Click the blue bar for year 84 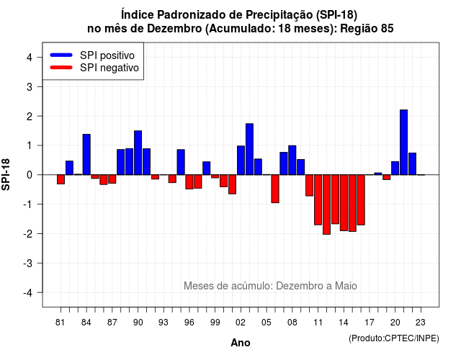pyautogui.click(x=86, y=155)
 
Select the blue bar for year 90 pyautogui.click(x=138, y=153)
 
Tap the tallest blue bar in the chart pyautogui.click(x=403, y=143)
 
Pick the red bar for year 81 pyautogui.click(x=61, y=179)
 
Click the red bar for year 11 pyautogui.click(x=318, y=200)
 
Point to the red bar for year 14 pyautogui.click(x=344, y=203)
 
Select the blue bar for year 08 pyautogui.click(x=292, y=160)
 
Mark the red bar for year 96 pyautogui.click(x=189, y=182)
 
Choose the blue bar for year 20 pyautogui.click(x=395, y=168)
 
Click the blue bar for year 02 pyautogui.click(x=241, y=161)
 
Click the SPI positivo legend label pyautogui.click(x=107, y=55)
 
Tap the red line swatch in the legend pyautogui.click(x=61, y=67)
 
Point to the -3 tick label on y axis pyautogui.click(x=28, y=263)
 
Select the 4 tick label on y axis pyautogui.click(x=30, y=58)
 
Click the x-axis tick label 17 pyautogui.click(x=370, y=323)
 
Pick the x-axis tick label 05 pyautogui.click(x=267, y=323)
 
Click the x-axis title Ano pyautogui.click(x=241, y=343)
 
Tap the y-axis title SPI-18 pyautogui.click(x=6, y=174)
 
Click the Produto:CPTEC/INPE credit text pyautogui.click(x=394, y=338)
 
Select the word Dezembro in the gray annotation pyautogui.click(x=295, y=286)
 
